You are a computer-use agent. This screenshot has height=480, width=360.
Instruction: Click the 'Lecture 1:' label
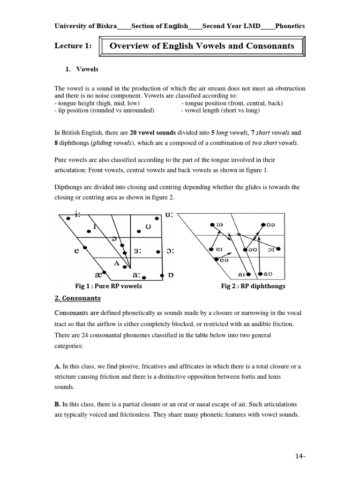coord(73,45)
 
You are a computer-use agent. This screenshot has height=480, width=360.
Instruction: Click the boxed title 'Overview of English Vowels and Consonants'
coord(202,46)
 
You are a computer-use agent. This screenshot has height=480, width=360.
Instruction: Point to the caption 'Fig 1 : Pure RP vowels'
coord(108,286)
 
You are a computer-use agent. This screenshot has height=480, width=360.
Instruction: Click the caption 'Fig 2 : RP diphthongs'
coord(253,286)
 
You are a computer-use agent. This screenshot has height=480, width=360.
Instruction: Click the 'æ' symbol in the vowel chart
coord(98,274)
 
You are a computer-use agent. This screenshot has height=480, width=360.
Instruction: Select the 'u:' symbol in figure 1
coord(169,215)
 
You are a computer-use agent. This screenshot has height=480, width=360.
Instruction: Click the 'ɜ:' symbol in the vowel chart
coord(137,251)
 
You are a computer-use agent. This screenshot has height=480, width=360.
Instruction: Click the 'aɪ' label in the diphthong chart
coord(242,274)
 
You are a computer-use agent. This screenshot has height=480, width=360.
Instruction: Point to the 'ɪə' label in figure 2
coord(219,225)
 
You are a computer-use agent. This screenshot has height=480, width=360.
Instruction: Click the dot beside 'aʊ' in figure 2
coord(260,274)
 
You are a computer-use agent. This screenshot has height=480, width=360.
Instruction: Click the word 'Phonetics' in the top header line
coord(290,26)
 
